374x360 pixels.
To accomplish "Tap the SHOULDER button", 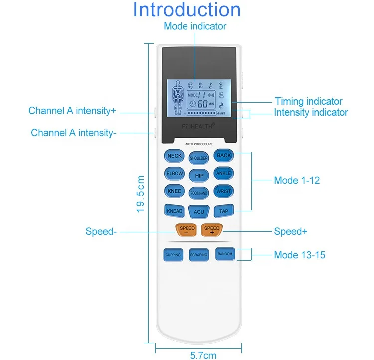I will tap(199, 158).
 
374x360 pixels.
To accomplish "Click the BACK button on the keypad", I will tap(224, 156).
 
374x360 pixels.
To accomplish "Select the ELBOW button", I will tap(174, 174).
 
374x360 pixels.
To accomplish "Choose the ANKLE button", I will tap(223, 173).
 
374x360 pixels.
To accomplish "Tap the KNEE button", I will tap(174, 191).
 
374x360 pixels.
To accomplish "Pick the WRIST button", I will tap(223, 191).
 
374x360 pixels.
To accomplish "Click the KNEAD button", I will tap(174, 211).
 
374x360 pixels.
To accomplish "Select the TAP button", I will tap(224, 211).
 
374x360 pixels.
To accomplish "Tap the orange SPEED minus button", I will tap(187, 230).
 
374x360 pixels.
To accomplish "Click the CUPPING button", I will tap(173, 255).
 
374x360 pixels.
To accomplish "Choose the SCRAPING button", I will tap(198, 255).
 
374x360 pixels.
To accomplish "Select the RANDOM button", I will tap(224, 254).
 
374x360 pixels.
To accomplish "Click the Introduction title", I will tap(187, 10).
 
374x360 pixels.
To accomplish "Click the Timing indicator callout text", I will tap(309, 101).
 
